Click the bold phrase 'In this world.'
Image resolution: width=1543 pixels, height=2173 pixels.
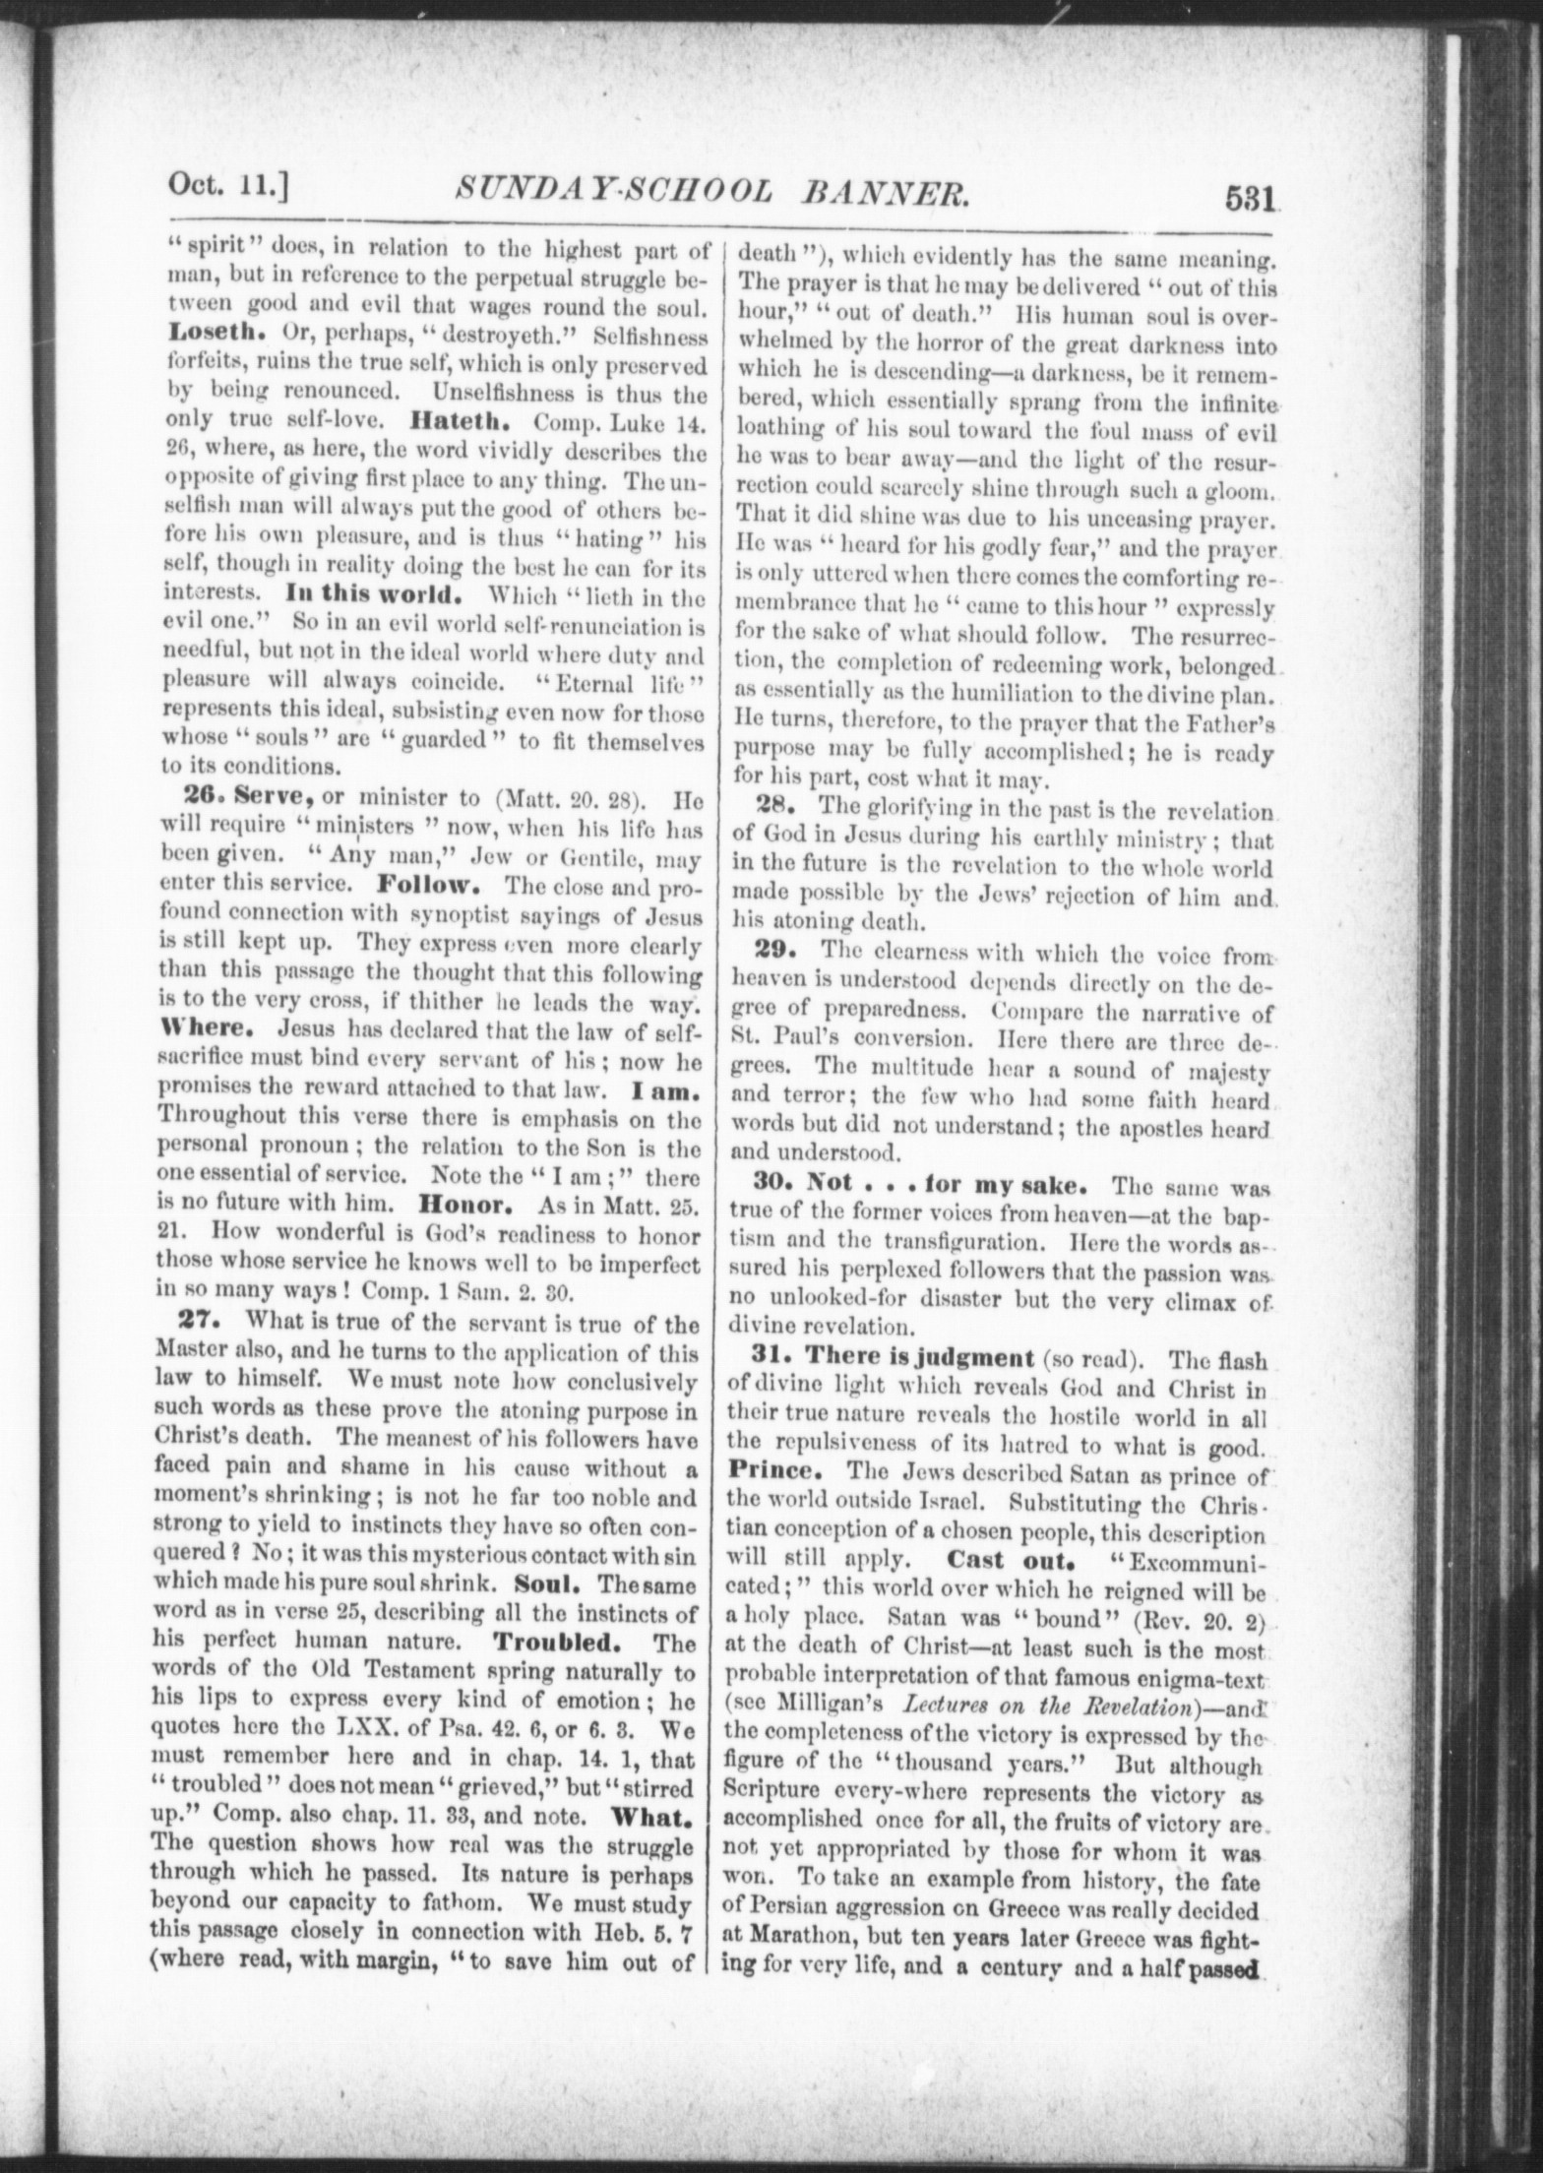coord(373,595)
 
